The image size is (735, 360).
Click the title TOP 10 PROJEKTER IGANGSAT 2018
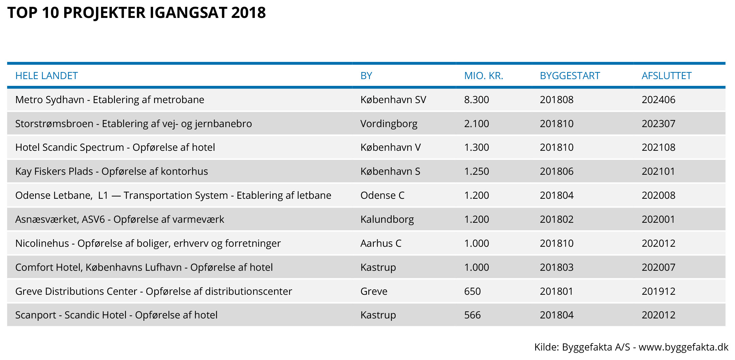[x=137, y=13]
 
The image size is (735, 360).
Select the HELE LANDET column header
[x=47, y=76]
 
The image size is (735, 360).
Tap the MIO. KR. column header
[x=484, y=76]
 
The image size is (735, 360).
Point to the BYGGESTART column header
[x=570, y=76]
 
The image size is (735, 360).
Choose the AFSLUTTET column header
[x=666, y=76]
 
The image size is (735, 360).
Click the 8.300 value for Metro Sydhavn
[x=476, y=100]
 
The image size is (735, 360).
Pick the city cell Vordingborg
[x=389, y=124]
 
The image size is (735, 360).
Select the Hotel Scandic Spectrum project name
[x=115, y=147]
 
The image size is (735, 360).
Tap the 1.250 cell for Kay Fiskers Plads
[x=476, y=171]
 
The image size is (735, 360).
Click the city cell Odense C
[x=382, y=195]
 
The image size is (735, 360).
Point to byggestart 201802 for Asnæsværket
[x=557, y=219]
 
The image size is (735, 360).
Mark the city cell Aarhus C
[x=381, y=243]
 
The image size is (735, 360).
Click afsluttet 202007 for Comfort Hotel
[x=658, y=267]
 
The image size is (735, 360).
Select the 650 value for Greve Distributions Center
[x=472, y=291]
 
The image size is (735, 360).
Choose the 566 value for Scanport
[x=472, y=315]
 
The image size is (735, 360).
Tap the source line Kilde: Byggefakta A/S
[x=631, y=347]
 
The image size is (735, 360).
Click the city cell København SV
[x=393, y=100]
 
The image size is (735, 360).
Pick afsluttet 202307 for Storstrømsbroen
[x=658, y=124]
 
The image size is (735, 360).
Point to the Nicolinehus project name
[x=148, y=243]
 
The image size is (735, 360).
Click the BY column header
[x=366, y=76]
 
